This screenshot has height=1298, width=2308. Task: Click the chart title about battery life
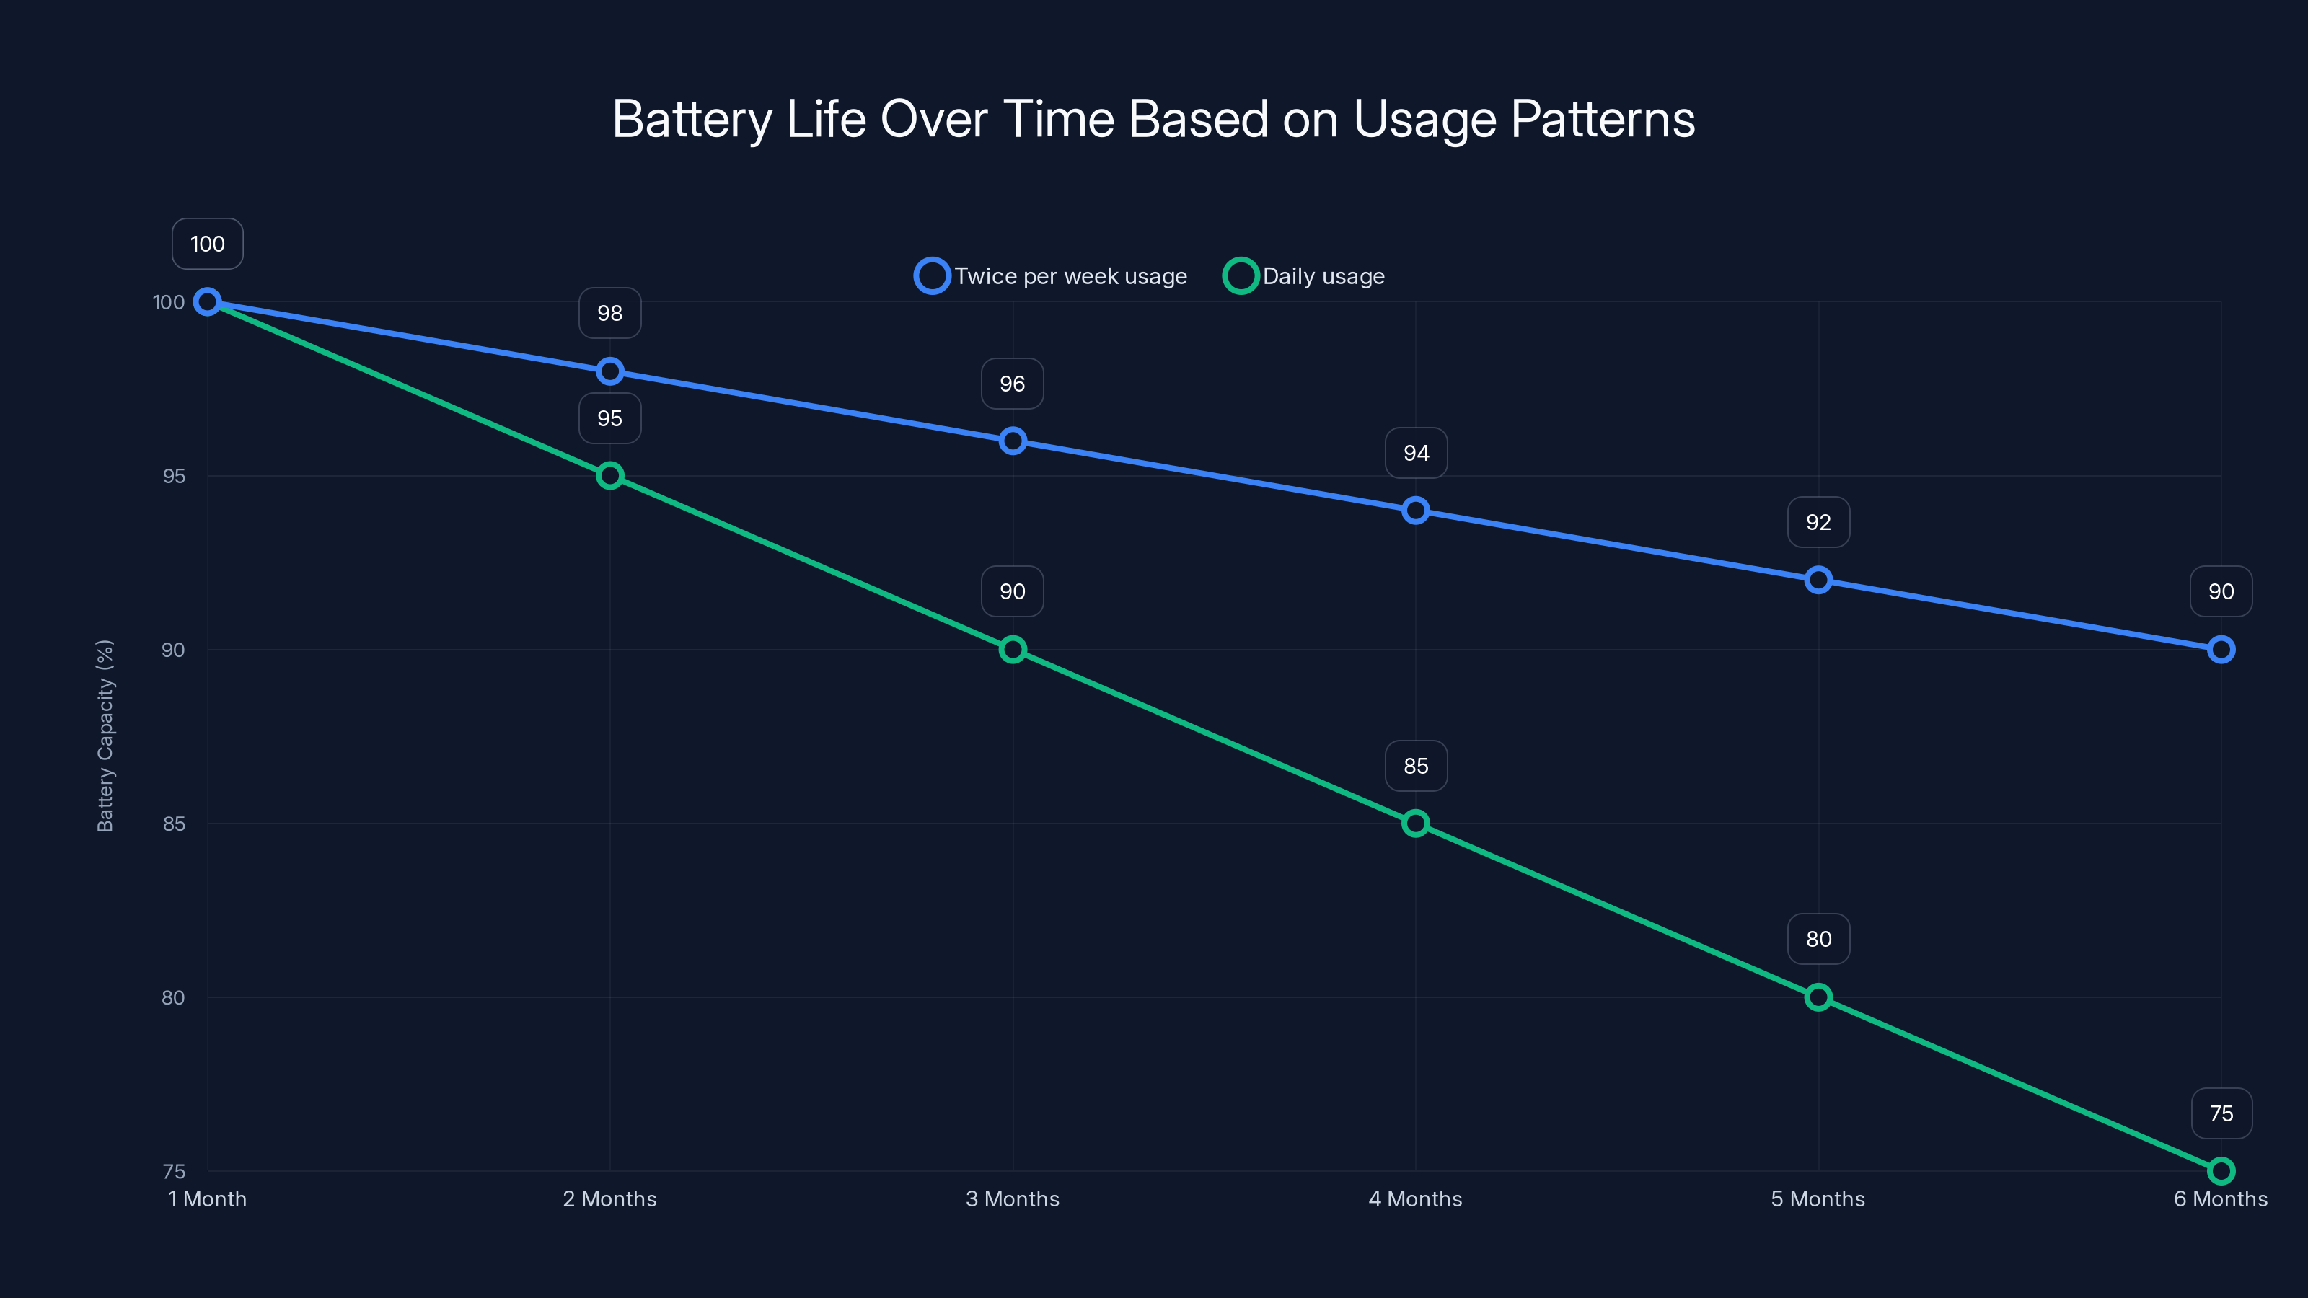coord(1153,119)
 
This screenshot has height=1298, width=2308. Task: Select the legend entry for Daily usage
coord(1305,276)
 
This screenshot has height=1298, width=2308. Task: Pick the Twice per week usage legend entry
coord(1052,276)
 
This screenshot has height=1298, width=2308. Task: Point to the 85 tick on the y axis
coord(174,824)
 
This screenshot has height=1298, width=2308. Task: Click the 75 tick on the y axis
coord(174,1171)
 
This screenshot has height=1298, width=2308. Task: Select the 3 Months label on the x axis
coord(1013,1198)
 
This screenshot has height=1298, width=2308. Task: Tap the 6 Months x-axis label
coord(2220,1198)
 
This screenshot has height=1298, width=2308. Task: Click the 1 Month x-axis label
coord(207,1198)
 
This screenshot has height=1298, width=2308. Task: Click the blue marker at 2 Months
coord(610,371)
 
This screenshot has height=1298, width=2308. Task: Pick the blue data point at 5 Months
coord(1818,580)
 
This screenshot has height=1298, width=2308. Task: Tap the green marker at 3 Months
coord(1013,650)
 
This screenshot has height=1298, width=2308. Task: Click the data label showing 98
coord(610,314)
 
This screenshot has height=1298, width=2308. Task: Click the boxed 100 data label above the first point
coord(207,244)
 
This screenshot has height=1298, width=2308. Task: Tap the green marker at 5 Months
coord(1818,997)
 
